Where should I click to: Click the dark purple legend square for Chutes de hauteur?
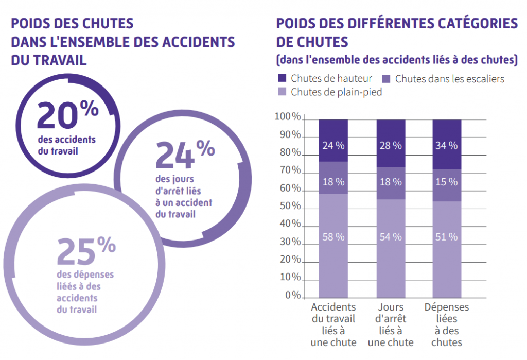pyautogui.click(x=282, y=79)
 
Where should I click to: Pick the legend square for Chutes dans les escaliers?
pyautogui.click(x=387, y=79)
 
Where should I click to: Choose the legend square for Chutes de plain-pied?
pyautogui.click(x=282, y=92)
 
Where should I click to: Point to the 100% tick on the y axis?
pyautogui.click(x=288, y=117)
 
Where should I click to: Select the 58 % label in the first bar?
pyautogui.click(x=333, y=237)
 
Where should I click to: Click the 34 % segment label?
pyautogui.click(x=447, y=145)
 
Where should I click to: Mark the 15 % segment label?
pyautogui.click(x=447, y=181)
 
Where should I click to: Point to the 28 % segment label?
pyautogui.click(x=391, y=145)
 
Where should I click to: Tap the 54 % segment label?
pyautogui.click(x=391, y=237)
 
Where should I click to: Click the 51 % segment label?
pyautogui.click(x=447, y=237)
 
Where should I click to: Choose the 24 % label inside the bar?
pyautogui.click(x=333, y=145)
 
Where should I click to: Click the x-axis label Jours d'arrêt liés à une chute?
pyautogui.click(x=391, y=324)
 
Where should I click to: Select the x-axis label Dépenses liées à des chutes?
pyautogui.click(x=447, y=324)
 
